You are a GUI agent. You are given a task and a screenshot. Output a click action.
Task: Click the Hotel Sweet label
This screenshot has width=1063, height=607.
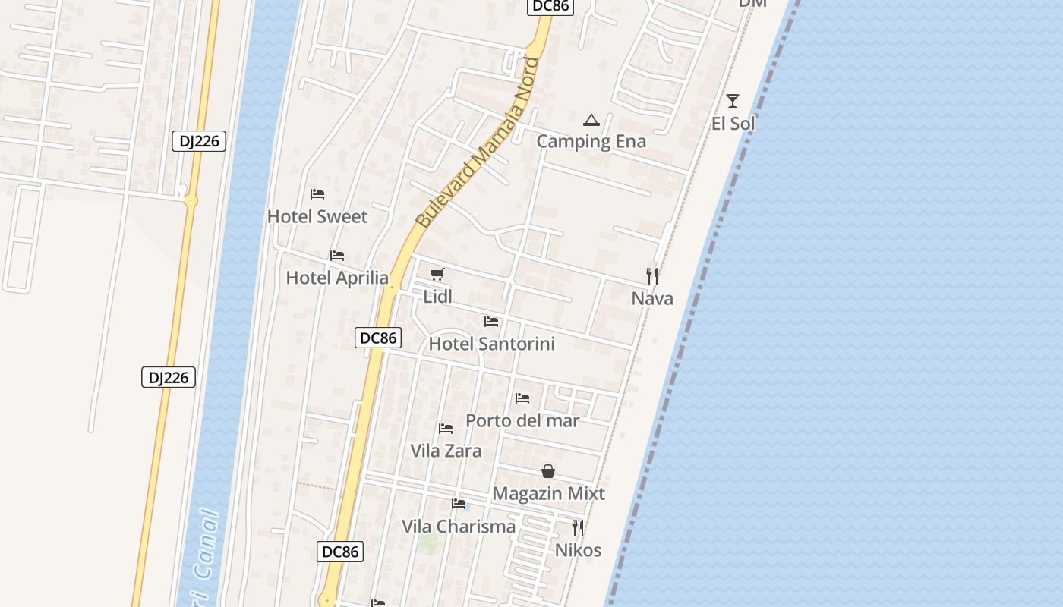tap(317, 217)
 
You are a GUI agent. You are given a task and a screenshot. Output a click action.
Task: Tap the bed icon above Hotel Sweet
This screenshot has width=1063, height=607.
tap(317, 195)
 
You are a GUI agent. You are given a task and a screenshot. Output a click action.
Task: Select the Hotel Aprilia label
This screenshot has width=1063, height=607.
tap(337, 278)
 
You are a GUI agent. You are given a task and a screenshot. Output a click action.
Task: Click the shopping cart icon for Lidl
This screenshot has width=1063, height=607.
tap(437, 275)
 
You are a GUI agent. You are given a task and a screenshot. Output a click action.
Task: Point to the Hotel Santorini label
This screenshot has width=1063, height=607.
tap(492, 344)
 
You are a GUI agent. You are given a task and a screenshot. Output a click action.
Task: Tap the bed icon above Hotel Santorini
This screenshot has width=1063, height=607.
tap(491, 322)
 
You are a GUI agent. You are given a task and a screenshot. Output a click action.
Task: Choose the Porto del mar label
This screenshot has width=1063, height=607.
tap(522, 420)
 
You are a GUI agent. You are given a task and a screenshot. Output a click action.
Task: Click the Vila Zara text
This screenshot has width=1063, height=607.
tap(446, 451)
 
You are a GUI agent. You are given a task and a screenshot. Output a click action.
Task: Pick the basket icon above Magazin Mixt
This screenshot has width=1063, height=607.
tap(548, 472)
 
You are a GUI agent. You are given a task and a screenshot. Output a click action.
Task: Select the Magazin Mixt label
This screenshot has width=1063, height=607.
tap(548, 494)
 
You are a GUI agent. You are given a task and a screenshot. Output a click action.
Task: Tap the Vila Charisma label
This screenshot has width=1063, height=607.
tap(459, 527)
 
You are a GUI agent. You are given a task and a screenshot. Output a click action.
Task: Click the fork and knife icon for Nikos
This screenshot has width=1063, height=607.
tap(578, 527)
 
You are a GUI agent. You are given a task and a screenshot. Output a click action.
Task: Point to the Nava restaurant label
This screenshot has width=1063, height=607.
tap(652, 298)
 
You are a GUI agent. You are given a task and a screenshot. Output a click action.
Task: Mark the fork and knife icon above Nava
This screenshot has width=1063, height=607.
tap(652, 275)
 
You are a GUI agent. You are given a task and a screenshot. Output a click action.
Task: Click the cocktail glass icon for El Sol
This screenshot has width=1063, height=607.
tap(733, 101)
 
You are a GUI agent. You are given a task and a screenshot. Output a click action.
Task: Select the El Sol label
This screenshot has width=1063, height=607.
tap(733, 123)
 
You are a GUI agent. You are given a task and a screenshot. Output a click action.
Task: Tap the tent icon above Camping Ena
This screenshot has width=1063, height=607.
tap(591, 120)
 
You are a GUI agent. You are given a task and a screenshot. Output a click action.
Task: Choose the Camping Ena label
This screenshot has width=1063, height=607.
tap(591, 141)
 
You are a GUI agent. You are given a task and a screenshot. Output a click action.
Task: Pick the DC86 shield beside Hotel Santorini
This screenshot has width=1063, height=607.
tap(378, 338)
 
